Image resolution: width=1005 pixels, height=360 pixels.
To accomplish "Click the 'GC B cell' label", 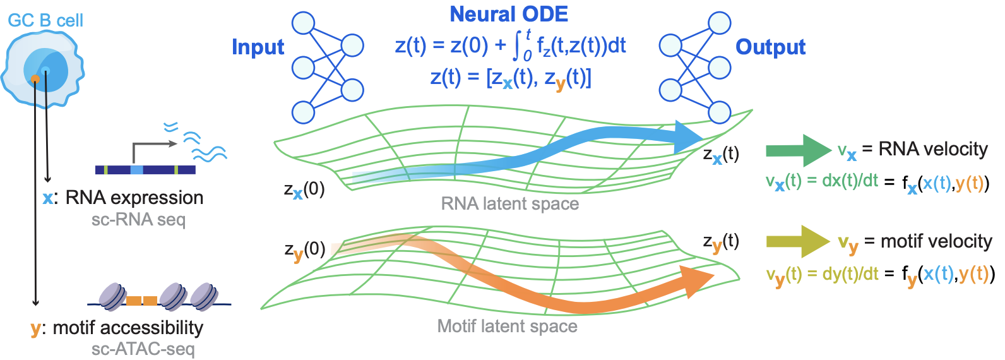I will (x=45, y=20).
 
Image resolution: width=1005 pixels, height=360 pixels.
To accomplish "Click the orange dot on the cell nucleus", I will (x=35, y=79).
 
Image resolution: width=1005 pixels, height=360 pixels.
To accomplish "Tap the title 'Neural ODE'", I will (x=508, y=14).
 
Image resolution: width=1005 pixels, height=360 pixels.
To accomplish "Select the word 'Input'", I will (x=258, y=47).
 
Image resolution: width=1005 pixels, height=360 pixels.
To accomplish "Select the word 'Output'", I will (x=770, y=47).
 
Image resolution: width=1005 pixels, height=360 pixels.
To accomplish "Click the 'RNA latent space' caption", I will (x=509, y=203).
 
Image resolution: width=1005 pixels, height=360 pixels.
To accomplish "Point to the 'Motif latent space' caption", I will (x=507, y=326).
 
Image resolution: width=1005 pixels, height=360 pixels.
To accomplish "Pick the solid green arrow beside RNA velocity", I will (x=797, y=150).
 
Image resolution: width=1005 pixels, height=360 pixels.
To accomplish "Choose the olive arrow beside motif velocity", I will (x=797, y=241).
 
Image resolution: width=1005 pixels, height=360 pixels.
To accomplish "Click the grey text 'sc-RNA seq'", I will (x=138, y=220).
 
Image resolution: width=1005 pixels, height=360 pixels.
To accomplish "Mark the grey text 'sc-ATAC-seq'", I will (x=143, y=349).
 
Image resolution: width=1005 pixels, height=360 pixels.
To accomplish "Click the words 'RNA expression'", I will (x=134, y=198).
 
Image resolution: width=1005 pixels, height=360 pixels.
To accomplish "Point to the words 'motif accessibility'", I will (x=128, y=328).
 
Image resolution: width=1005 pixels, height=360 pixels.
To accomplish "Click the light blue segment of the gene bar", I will (x=136, y=170).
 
